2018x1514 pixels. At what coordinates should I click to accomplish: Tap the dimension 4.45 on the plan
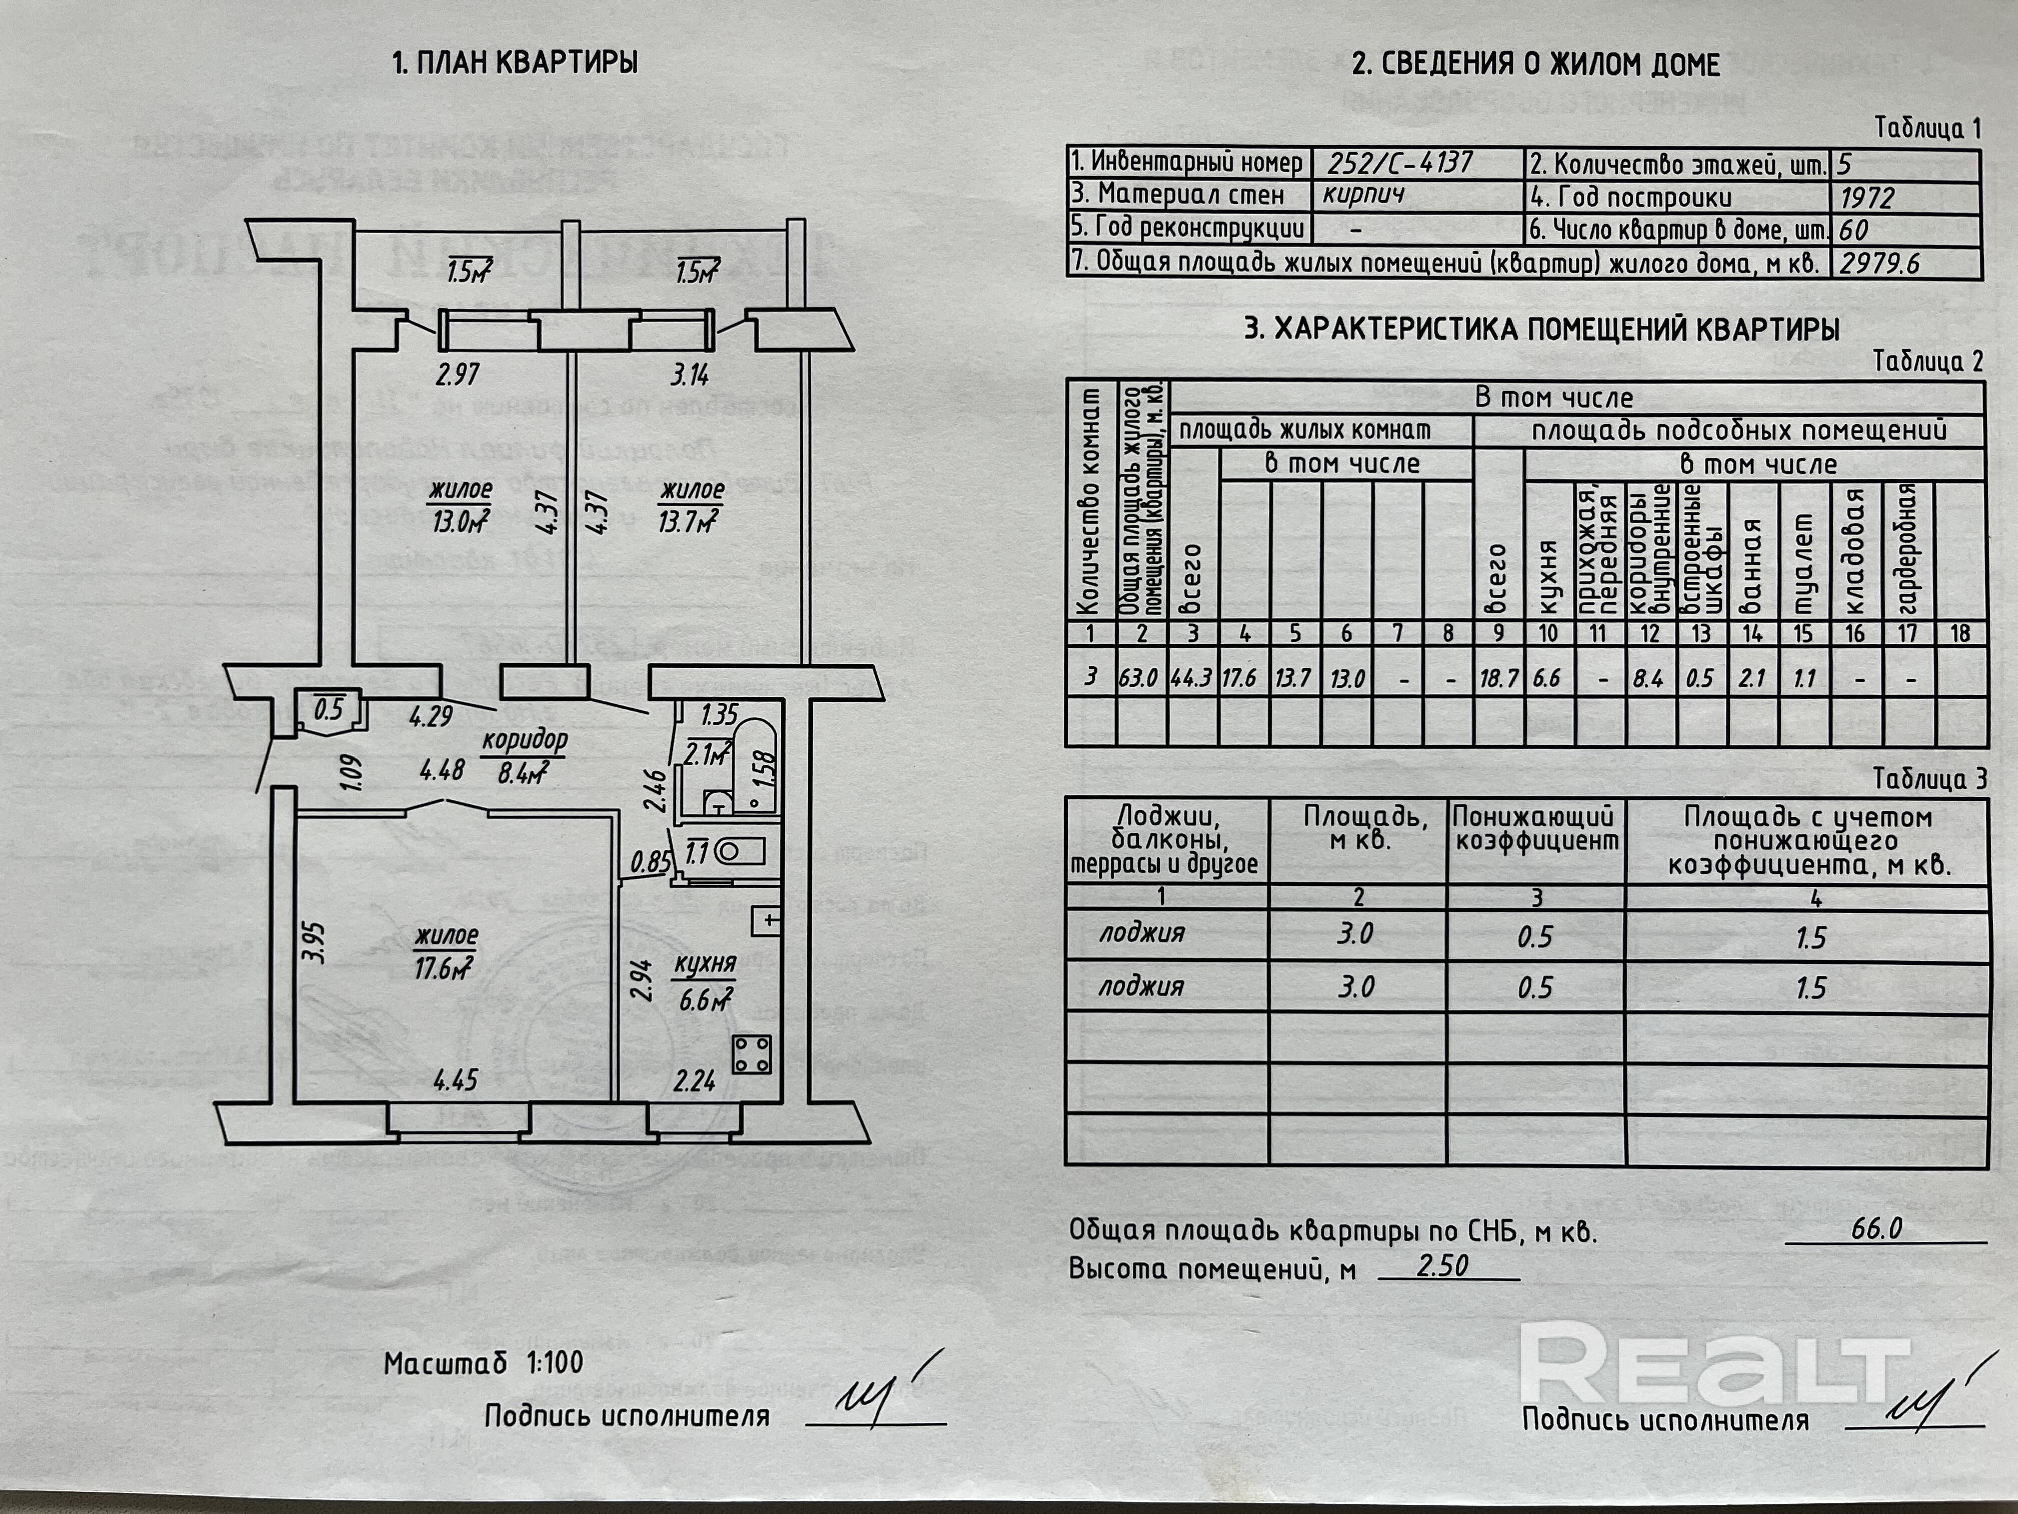point(456,1081)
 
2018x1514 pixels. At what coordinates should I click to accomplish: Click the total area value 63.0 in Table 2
point(1140,678)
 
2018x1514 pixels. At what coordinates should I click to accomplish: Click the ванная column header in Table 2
point(1752,566)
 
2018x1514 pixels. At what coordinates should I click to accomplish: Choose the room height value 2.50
point(1443,1266)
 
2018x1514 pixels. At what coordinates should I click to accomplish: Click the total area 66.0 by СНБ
point(1876,1228)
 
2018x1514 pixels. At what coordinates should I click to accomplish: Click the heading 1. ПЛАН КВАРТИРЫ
point(515,62)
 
